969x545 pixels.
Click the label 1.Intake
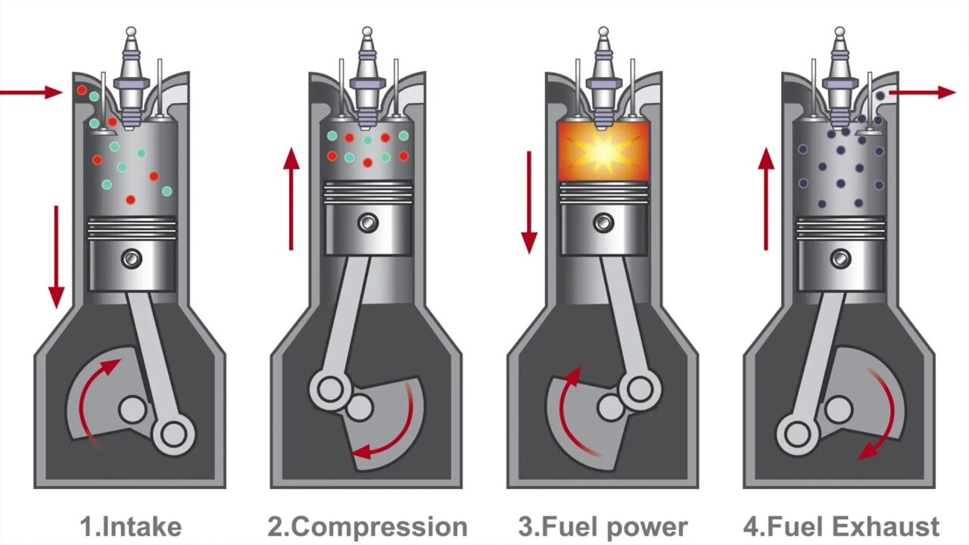[131, 527]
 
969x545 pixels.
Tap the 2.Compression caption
[367, 527]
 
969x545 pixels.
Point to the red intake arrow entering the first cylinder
[30, 92]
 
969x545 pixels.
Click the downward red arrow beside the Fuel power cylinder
[529, 201]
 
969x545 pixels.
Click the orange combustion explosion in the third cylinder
[603, 151]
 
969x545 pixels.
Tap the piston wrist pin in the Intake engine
[132, 259]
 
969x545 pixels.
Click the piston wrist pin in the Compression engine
[368, 223]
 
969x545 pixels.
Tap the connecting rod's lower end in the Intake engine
[173, 434]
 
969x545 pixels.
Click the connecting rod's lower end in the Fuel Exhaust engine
[797, 434]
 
